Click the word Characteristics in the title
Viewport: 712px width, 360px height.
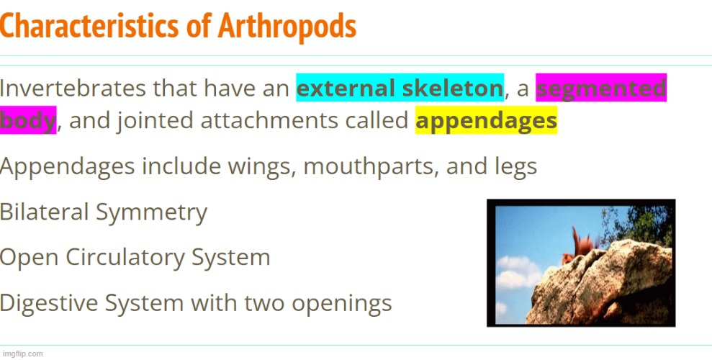89,27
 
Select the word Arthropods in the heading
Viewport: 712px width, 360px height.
287,27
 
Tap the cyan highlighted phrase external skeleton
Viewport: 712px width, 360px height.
400,88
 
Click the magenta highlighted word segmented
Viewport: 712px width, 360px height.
601,88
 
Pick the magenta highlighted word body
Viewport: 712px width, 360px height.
28,120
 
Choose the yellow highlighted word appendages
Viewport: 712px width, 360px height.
487,120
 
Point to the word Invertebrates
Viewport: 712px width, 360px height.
73,88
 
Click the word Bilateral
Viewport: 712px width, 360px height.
44,212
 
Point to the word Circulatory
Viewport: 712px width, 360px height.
125,258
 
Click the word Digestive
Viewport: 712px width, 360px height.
48,303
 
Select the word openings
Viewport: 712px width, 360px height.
341,304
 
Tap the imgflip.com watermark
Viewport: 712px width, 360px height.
23,354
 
